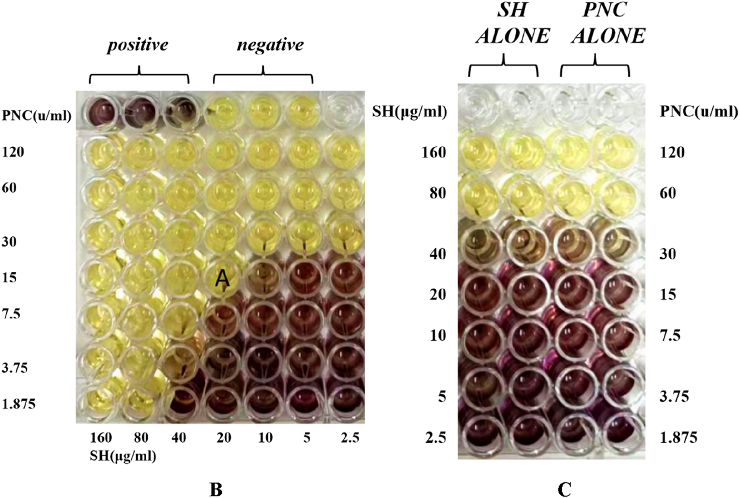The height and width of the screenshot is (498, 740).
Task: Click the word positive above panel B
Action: click(x=138, y=45)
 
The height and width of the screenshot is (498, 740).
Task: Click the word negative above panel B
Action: click(x=270, y=45)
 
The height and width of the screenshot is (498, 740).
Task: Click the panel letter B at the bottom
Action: click(x=216, y=489)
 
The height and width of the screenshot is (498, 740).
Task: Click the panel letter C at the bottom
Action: click(x=564, y=489)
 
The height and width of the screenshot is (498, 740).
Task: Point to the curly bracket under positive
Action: click(x=139, y=76)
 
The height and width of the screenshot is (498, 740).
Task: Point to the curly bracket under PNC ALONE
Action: click(x=595, y=67)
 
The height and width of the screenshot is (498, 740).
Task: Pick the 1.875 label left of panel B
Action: click(x=19, y=404)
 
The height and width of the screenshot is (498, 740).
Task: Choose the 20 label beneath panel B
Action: click(x=223, y=438)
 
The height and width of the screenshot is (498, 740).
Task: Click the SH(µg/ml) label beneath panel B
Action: click(x=123, y=456)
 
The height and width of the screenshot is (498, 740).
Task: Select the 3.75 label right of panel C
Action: click(x=675, y=397)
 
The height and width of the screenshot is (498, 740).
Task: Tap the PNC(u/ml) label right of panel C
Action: click(x=699, y=112)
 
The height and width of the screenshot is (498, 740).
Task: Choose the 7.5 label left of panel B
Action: click(x=11, y=314)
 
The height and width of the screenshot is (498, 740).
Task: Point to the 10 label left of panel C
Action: click(x=438, y=335)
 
